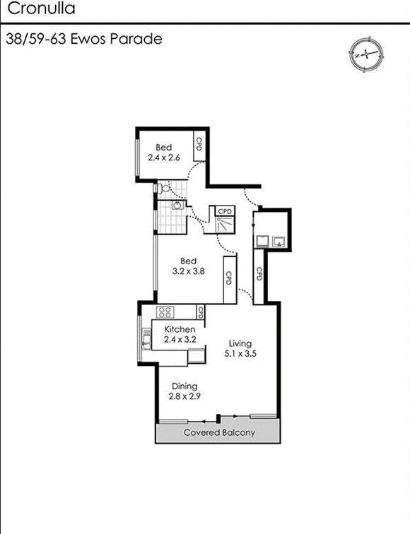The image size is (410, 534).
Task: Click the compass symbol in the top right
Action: click(365, 53)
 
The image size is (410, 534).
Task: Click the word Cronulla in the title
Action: click(41, 9)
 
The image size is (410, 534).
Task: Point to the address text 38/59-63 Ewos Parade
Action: click(83, 39)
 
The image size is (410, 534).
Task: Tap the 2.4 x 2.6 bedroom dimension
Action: click(164, 158)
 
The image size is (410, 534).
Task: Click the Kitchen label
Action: click(180, 330)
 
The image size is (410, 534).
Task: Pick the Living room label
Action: click(240, 344)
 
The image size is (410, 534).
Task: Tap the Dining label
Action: click(183, 386)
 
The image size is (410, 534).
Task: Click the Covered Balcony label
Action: click(219, 432)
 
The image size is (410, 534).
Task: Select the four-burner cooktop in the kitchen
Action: click(165, 311)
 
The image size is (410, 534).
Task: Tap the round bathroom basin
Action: click(177, 206)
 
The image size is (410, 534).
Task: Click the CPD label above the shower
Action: click(225, 211)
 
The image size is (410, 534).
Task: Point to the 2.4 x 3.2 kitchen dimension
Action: click(180, 340)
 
